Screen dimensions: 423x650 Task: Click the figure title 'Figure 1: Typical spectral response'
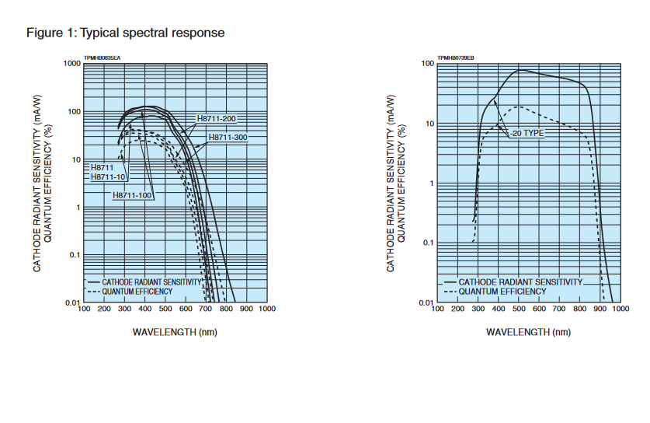(x=125, y=33)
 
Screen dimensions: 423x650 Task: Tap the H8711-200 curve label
(x=217, y=118)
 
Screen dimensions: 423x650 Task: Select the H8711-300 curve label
(x=227, y=138)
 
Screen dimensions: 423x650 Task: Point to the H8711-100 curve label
(x=132, y=194)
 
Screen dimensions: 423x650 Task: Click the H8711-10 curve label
(x=109, y=177)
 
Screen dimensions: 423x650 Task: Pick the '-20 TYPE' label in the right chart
(x=528, y=133)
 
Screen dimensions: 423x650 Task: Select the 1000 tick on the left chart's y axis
(x=72, y=64)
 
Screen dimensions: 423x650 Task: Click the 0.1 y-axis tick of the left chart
(x=75, y=255)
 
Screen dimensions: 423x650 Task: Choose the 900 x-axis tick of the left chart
(x=246, y=309)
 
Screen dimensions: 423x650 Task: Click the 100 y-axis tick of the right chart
(x=427, y=64)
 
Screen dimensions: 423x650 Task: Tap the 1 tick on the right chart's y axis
(x=431, y=184)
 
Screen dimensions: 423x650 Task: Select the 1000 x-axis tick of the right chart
(x=619, y=309)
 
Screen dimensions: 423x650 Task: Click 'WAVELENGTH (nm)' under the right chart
(x=528, y=332)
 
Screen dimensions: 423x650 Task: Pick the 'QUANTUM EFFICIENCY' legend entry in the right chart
(x=502, y=292)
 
